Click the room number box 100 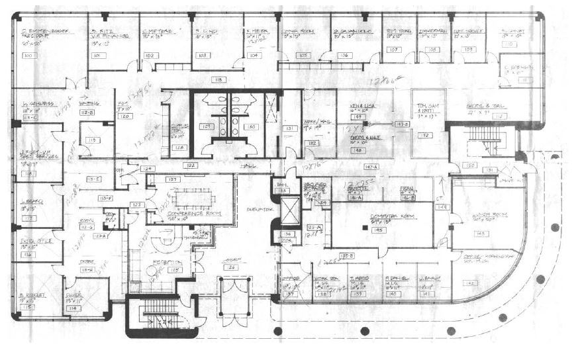pyautogui.click(x=28, y=56)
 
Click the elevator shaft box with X pyautogui.click(x=290, y=210)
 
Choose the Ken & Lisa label pyautogui.click(x=363, y=107)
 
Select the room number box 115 pyautogui.click(x=28, y=307)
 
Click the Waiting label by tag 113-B pyautogui.click(x=89, y=104)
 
